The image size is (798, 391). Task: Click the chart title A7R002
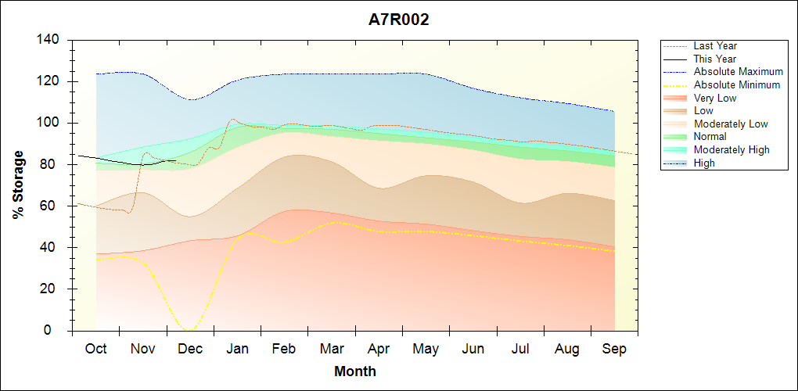coord(399,20)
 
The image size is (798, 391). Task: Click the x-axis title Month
coord(355,371)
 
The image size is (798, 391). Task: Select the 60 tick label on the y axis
coord(50,206)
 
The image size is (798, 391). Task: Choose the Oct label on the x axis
coord(96,349)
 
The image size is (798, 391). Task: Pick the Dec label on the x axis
coord(190,349)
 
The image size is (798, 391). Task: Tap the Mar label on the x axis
coord(332,349)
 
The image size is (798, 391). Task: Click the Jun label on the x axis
coord(473,349)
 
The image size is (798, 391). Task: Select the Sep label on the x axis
coord(614,349)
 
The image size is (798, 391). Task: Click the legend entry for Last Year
coord(715,46)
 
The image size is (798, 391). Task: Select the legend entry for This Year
coord(715,59)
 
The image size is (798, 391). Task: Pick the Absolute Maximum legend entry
coord(738,72)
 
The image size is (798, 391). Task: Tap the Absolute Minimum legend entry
coord(737,84)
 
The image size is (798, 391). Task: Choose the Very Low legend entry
coord(715,98)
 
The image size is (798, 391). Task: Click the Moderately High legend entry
coord(731,149)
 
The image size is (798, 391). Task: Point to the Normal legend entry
coord(710,137)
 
